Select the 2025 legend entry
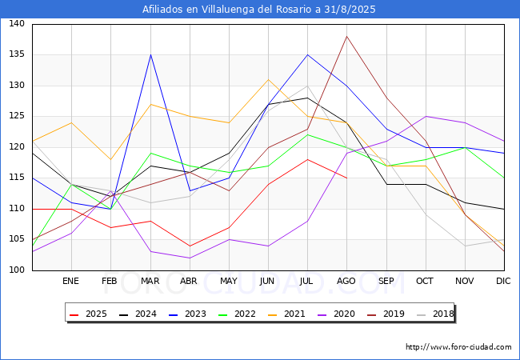pyautogui.click(x=88, y=314)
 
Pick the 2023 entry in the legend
pyautogui.click(x=187, y=314)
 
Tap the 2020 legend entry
pyautogui.click(x=336, y=314)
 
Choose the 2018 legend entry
pyautogui.click(x=435, y=314)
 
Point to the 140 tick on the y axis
pyautogui.click(x=17, y=23)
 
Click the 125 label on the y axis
pyautogui.click(x=17, y=116)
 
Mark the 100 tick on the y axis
pyautogui.click(x=17, y=270)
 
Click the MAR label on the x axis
pyautogui.click(x=150, y=281)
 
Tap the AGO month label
pyautogui.click(x=346, y=281)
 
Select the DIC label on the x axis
pyautogui.click(x=503, y=281)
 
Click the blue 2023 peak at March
pyautogui.click(x=151, y=54)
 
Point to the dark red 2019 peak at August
pyautogui.click(x=347, y=36)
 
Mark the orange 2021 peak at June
pyautogui.click(x=268, y=79)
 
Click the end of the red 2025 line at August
pyautogui.click(x=347, y=178)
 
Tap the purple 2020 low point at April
pyautogui.click(x=190, y=258)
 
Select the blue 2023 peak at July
pyautogui.click(x=308, y=54)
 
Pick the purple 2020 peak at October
pyautogui.click(x=426, y=116)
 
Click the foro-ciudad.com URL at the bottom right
pyautogui.click(x=458, y=347)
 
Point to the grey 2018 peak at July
pyautogui.click(x=308, y=86)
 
